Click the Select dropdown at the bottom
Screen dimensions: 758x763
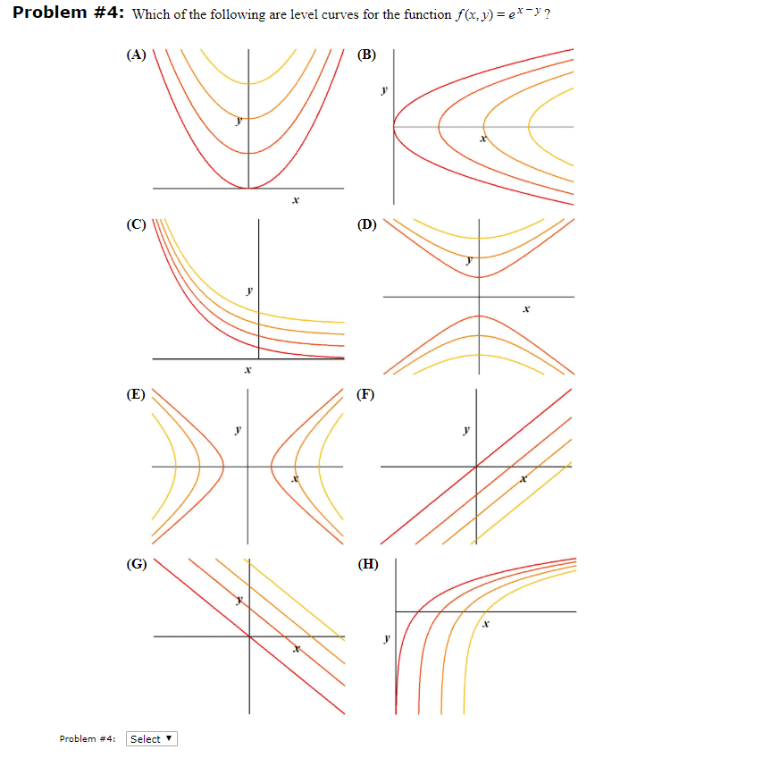click(x=152, y=739)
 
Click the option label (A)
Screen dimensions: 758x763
click(x=136, y=55)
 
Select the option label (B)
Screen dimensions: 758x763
click(x=366, y=55)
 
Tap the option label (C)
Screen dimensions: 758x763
click(x=136, y=224)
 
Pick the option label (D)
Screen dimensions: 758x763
click(x=366, y=224)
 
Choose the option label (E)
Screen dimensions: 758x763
click(x=136, y=393)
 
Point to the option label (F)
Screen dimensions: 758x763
click(x=365, y=393)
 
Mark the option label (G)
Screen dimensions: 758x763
click(x=137, y=563)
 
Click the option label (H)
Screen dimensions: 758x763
click(x=366, y=563)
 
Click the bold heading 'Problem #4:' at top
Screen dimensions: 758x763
click(x=69, y=14)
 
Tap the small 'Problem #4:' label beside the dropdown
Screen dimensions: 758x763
click(x=88, y=739)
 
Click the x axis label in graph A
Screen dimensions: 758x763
click(x=295, y=202)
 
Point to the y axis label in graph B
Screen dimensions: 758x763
click(x=383, y=90)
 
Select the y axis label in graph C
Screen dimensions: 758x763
click(x=249, y=290)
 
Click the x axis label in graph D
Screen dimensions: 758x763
click(x=526, y=309)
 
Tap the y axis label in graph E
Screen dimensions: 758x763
click(x=237, y=430)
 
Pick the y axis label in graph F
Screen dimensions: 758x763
click(x=465, y=430)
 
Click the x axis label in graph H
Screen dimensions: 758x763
click(x=485, y=625)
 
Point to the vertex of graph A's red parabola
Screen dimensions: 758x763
click(x=248, y=188)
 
